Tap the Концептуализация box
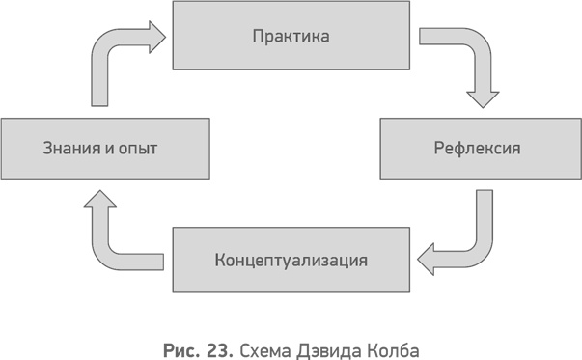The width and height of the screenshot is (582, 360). (x=291, y=260)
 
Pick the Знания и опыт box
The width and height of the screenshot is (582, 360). (x=104, y=149)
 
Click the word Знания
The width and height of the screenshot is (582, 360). (x=69, y=150)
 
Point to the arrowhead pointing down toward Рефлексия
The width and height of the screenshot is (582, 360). (x=482, y=97)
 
